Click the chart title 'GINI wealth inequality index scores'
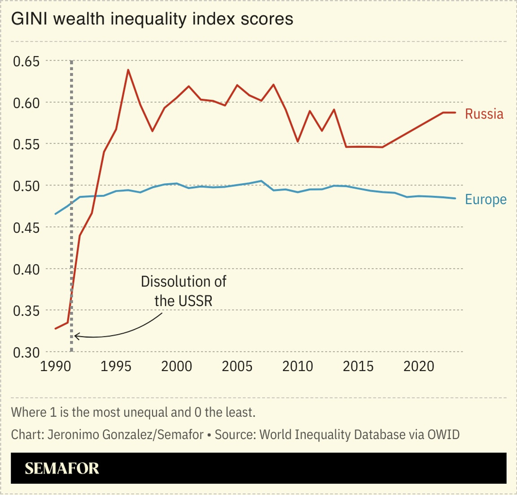152,19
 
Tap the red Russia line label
484,114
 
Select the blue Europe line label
485,199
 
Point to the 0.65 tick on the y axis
26,61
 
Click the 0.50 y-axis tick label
26,186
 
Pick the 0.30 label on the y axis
26,353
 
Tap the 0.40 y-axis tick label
26,270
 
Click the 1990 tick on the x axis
56,367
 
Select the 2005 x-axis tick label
237,367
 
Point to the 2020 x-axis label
419,367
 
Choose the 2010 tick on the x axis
298,367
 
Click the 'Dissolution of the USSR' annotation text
184,291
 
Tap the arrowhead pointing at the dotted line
76,336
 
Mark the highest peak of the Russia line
128,70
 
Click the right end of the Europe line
456,198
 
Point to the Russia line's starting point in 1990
56,328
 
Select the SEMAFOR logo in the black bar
62,468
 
